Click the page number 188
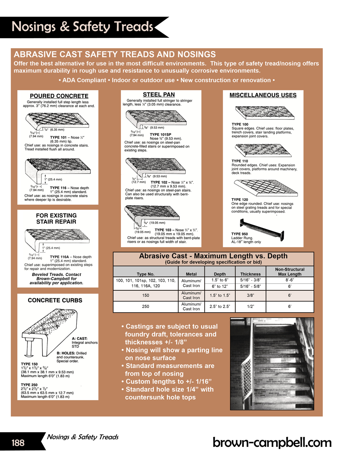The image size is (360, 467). point(18,443)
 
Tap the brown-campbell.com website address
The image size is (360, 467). point(272,442)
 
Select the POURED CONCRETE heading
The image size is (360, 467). point(59,96)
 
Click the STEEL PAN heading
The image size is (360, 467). point(159,95)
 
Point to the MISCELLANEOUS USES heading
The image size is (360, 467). point(263,95)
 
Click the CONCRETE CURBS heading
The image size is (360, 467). point(55,300)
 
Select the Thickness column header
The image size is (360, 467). point(250,274)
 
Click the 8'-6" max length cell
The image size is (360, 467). point(289,280)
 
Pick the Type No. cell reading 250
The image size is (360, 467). point(145,307)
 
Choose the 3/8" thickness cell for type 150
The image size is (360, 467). point(250,295)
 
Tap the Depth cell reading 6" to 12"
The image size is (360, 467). point(220,286)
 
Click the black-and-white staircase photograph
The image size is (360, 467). point(272,363)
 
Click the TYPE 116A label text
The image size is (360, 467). point(60,257)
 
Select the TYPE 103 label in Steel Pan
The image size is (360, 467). point(163,230)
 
